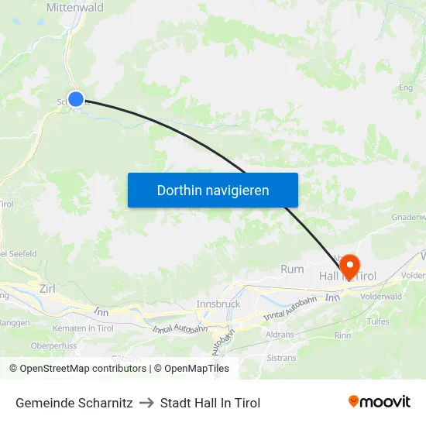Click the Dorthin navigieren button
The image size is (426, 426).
click(x=213, y=190)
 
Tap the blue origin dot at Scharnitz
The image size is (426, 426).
click(x=76, y=98)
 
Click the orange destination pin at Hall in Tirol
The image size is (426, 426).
click(x=349, y=266)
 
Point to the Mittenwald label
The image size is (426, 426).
click(x=75, y=7)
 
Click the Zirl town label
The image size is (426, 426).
click(x=46, y=288)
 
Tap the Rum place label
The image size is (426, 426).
click(x=292, y=270)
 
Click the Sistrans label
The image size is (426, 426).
click(x=281, y=358)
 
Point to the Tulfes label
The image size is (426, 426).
click(x=378, y=321)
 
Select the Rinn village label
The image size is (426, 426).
click(x=342, y=335)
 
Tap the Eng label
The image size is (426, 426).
click(x=404, y=88)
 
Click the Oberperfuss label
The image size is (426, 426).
click(x=52, y=345)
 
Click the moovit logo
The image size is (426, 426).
click(x=380, y=402)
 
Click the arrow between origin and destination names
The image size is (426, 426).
click(x=146, y=403)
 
